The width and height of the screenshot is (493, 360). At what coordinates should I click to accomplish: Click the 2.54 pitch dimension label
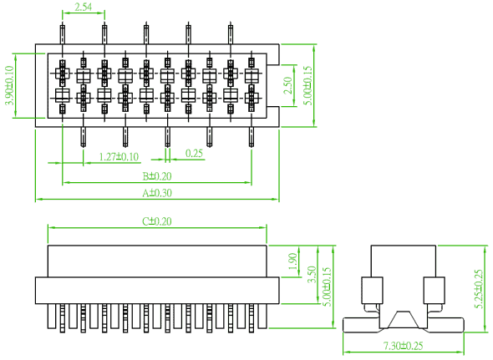coord(84,7)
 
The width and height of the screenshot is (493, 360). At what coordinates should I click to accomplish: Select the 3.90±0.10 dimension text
coord(10,85)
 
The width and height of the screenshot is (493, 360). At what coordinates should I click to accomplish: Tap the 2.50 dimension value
coord(287,85)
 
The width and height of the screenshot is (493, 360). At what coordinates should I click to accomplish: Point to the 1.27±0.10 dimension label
coord(119,156)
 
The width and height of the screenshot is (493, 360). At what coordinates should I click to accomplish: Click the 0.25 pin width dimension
coord(194,154)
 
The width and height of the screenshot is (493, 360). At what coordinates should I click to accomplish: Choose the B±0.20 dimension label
coord(157,176)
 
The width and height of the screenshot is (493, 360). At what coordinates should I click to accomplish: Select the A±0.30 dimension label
coord(157,193)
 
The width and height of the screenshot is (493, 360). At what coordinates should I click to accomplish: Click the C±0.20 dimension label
coord(157,221)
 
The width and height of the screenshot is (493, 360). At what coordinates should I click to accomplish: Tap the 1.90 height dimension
coord(292,261)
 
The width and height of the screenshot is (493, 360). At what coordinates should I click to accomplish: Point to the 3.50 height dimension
coord(312,275)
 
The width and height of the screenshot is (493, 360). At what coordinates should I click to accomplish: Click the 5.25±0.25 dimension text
coord(479,289)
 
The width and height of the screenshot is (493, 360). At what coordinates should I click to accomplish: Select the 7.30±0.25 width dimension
coord(404,346)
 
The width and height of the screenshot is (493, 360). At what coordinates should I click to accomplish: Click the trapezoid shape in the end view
coord(404,320)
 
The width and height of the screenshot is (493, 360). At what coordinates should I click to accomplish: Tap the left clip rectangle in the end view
coord(372,290)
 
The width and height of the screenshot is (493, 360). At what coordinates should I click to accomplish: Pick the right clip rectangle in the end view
coord(435,290)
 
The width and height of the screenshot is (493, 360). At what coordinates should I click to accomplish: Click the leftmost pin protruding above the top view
coord(63,33)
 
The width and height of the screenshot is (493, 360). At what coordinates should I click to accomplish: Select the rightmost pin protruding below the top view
coord(252,137)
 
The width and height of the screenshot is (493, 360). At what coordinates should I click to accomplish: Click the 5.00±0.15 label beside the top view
coord(309,85)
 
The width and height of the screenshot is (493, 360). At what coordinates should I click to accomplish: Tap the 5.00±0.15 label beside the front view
coord(328,286)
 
